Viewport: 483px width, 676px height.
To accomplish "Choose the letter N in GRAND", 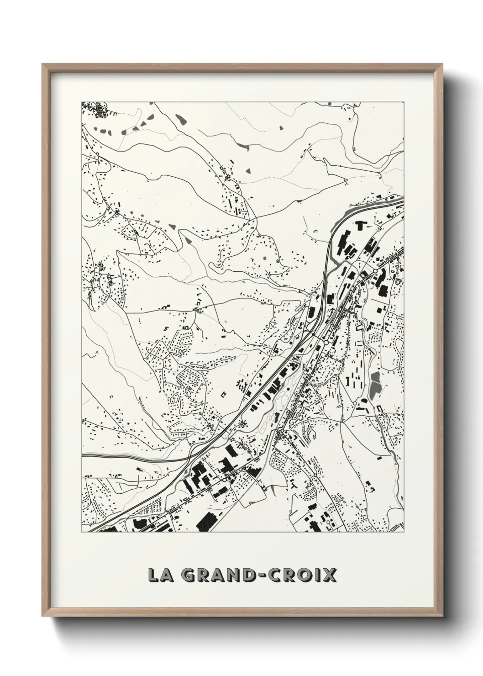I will pyautogui.click(x=233, y=576).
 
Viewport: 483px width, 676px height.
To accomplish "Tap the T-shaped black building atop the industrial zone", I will pyautogui.click(x=360, y=225).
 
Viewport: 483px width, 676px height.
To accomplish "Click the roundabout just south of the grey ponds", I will pyautogui.click(x=355, y=403).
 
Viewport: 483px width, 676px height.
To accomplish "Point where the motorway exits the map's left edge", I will pyautogui.click(x=83, y=455).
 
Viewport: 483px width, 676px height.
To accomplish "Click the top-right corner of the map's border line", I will pyautogui.click(x=404, y=102).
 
